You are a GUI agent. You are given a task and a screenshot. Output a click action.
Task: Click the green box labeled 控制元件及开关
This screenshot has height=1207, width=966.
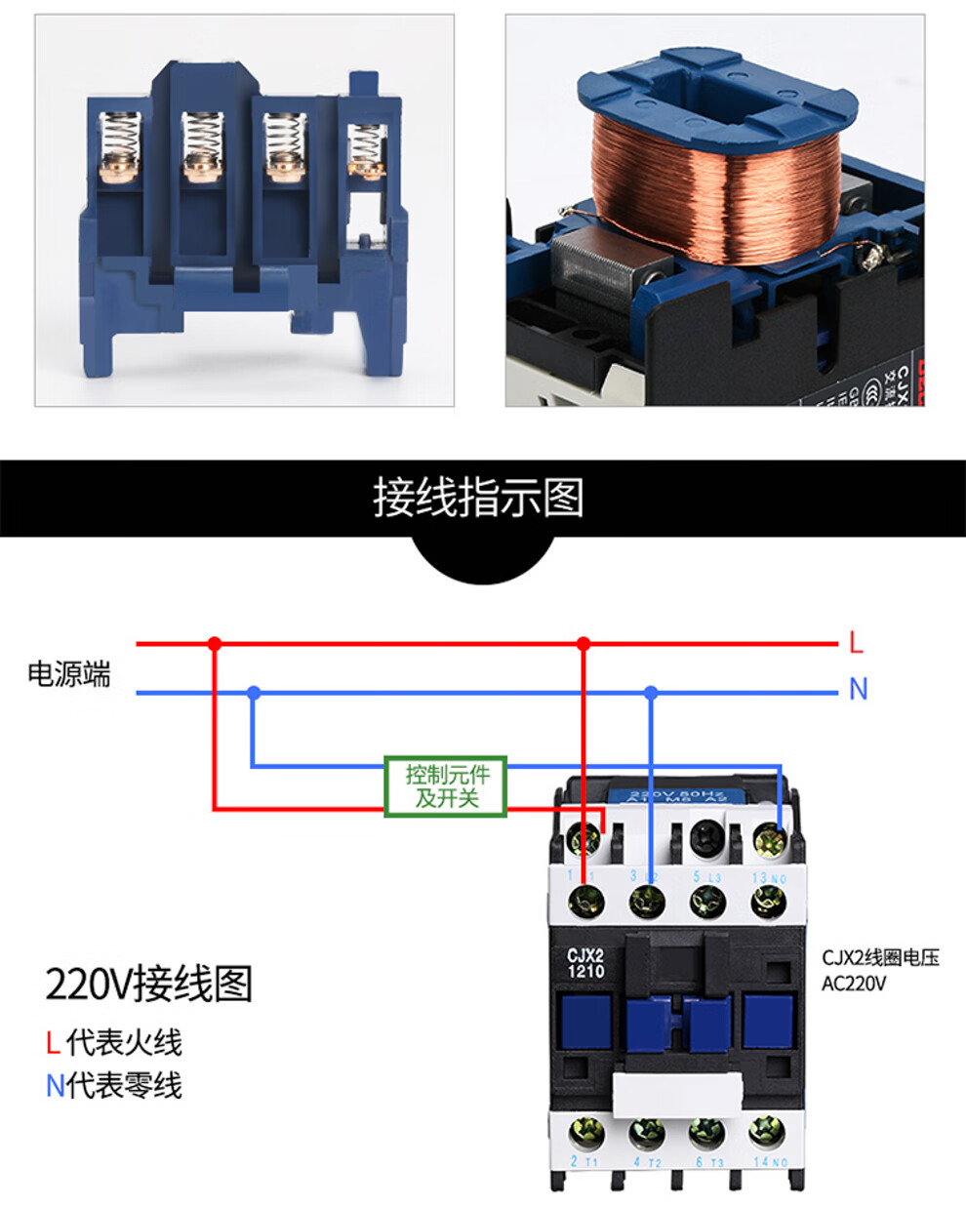(x=445, y=786)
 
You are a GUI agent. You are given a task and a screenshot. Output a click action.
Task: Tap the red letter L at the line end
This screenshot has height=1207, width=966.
(x=856, y=643)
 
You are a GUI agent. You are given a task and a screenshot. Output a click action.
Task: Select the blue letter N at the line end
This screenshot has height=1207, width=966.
(x=858, y=690)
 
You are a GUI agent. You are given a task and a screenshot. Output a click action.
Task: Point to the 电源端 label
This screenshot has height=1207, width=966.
(x=69, y=674)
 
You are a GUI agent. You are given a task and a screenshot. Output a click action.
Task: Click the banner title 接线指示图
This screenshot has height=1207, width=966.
(x=478, y=498)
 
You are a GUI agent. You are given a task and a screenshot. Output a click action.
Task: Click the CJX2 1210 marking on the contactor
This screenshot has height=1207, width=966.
(x=585, y=963)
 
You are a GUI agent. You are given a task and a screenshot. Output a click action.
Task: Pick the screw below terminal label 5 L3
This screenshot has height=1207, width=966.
(x=707, y=902)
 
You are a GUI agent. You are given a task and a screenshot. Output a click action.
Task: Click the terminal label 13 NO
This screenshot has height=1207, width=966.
(x=769, y=878)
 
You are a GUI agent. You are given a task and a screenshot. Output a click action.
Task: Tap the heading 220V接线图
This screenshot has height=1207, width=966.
(x=149, y=984)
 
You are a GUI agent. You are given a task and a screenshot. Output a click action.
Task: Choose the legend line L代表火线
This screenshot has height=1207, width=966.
(x=114, y=1042)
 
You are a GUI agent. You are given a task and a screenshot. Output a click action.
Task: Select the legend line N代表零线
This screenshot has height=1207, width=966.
(x=114, y=1085)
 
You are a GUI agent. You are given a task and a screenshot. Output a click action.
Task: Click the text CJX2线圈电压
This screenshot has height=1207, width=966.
(x=880, y=958)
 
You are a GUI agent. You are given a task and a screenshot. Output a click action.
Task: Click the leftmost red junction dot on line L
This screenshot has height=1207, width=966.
(x=215, y=644)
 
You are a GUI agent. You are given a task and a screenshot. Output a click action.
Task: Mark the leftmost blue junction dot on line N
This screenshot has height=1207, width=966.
(x=254, y=693)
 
